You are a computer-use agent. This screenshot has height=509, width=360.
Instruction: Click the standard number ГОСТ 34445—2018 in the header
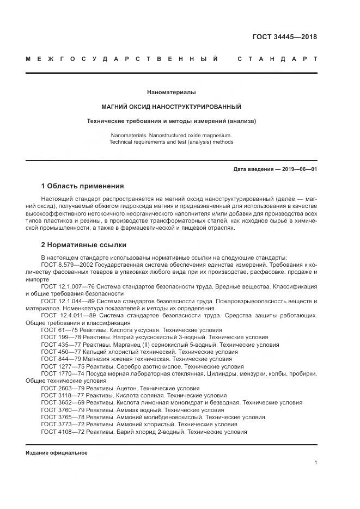click(284, 37)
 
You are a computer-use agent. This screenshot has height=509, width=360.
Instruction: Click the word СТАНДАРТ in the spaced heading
click(277, 59)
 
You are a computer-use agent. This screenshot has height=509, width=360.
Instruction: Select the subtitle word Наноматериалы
click(171, 93)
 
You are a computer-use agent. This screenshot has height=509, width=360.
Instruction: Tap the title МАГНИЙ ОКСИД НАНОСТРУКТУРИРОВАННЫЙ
click(171, 107)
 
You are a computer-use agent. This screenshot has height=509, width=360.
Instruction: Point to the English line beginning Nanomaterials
click(171, 134)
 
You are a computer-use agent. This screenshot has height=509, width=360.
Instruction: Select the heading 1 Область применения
click(82, 186)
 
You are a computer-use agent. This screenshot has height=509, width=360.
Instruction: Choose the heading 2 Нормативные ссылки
click(84, 245)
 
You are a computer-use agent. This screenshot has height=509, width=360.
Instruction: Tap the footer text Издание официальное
click(57, 453)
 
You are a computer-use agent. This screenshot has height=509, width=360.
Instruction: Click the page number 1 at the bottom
click(316, 463)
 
